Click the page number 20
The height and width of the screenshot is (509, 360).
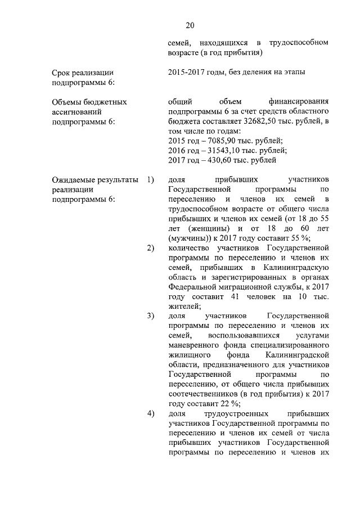[190, 25]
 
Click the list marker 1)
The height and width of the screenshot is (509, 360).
[150, 180]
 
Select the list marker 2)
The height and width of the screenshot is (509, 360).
[150, 248]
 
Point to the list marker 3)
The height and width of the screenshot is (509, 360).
[150, 316]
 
